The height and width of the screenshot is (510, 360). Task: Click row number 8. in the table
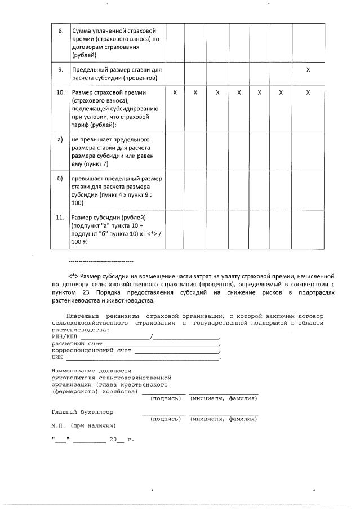pyautogui.click(x=61, y=30)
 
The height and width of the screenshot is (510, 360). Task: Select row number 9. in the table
pyautogui.click(x=61, y=69)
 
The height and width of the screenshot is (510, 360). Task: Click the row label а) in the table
pyautogui.click(x=60, y=139)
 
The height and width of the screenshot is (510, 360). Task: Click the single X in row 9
pyautogui.click(x=308, y=69)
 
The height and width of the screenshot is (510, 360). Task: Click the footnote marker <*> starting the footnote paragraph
pyautogui.click(x=73, y=276)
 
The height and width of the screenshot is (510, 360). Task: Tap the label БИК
pyautogui.click(x=57, y=357)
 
